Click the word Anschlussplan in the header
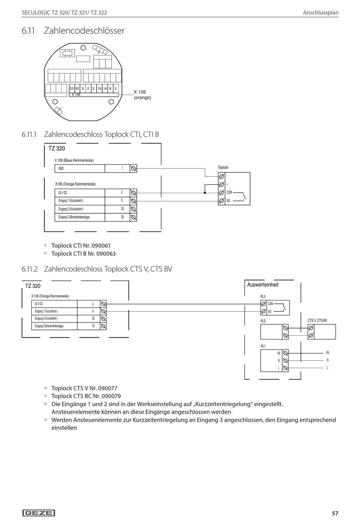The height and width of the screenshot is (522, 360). click(321, 13)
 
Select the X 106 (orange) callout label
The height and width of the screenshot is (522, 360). click(142, 95)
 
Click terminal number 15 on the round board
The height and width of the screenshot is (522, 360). click(100, 89)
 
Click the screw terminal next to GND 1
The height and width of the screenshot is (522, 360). click(133, 168)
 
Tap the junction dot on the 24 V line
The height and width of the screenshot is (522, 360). click(205, 193)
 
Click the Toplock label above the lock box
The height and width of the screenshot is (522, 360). click(223, 167)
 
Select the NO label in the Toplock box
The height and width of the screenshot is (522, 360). click(228, 201)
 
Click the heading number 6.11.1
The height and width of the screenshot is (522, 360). click(29, 134)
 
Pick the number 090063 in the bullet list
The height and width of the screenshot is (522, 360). click(106, 253)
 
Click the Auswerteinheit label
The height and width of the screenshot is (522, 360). click(263, 284)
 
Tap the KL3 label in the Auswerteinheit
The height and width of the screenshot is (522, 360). click(263, 297)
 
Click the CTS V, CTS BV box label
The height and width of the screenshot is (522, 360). click(317, 320)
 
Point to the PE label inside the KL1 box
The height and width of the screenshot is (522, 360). click(279, 353)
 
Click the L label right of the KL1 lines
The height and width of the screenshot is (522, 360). click(327, 367)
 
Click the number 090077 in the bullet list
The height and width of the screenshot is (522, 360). click(108, 388)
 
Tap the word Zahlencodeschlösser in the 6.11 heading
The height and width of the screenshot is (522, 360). click(84, 31)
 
